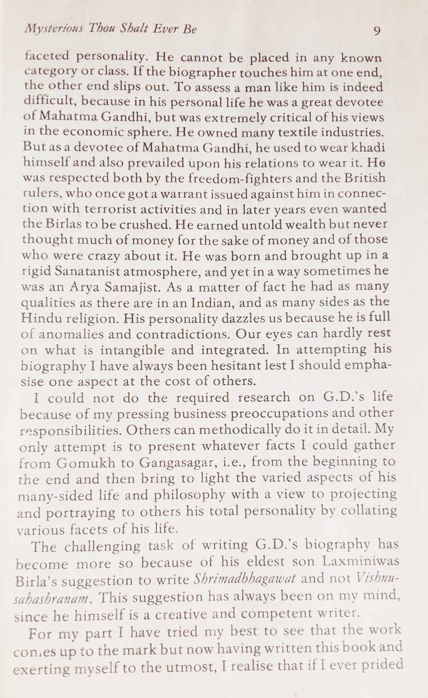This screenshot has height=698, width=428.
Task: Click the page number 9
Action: pos(377,31)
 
